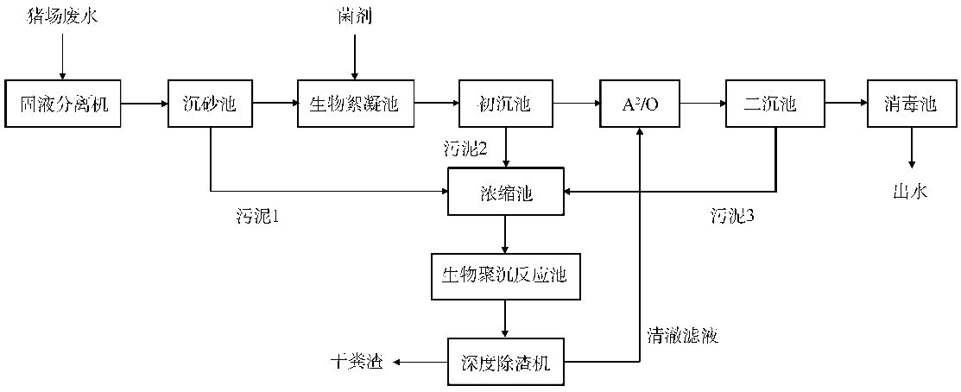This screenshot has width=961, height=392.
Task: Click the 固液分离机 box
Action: pos(62,104)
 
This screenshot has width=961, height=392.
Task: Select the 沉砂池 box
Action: pos(210,104)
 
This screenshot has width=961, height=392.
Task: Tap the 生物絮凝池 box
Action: pos(354,104)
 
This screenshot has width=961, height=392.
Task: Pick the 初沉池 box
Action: pos(504,104)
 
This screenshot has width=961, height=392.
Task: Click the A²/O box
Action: pos(639,104)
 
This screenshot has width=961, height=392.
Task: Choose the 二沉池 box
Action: pos(774,104)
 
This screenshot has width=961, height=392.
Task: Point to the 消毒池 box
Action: pos(910,104)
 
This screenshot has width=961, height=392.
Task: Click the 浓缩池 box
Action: pos(505,191)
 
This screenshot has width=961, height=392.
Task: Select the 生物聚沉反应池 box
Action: pos(505,277)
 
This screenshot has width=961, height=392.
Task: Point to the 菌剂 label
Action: pos(352,15)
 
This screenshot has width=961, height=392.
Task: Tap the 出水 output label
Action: pos(909,193)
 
